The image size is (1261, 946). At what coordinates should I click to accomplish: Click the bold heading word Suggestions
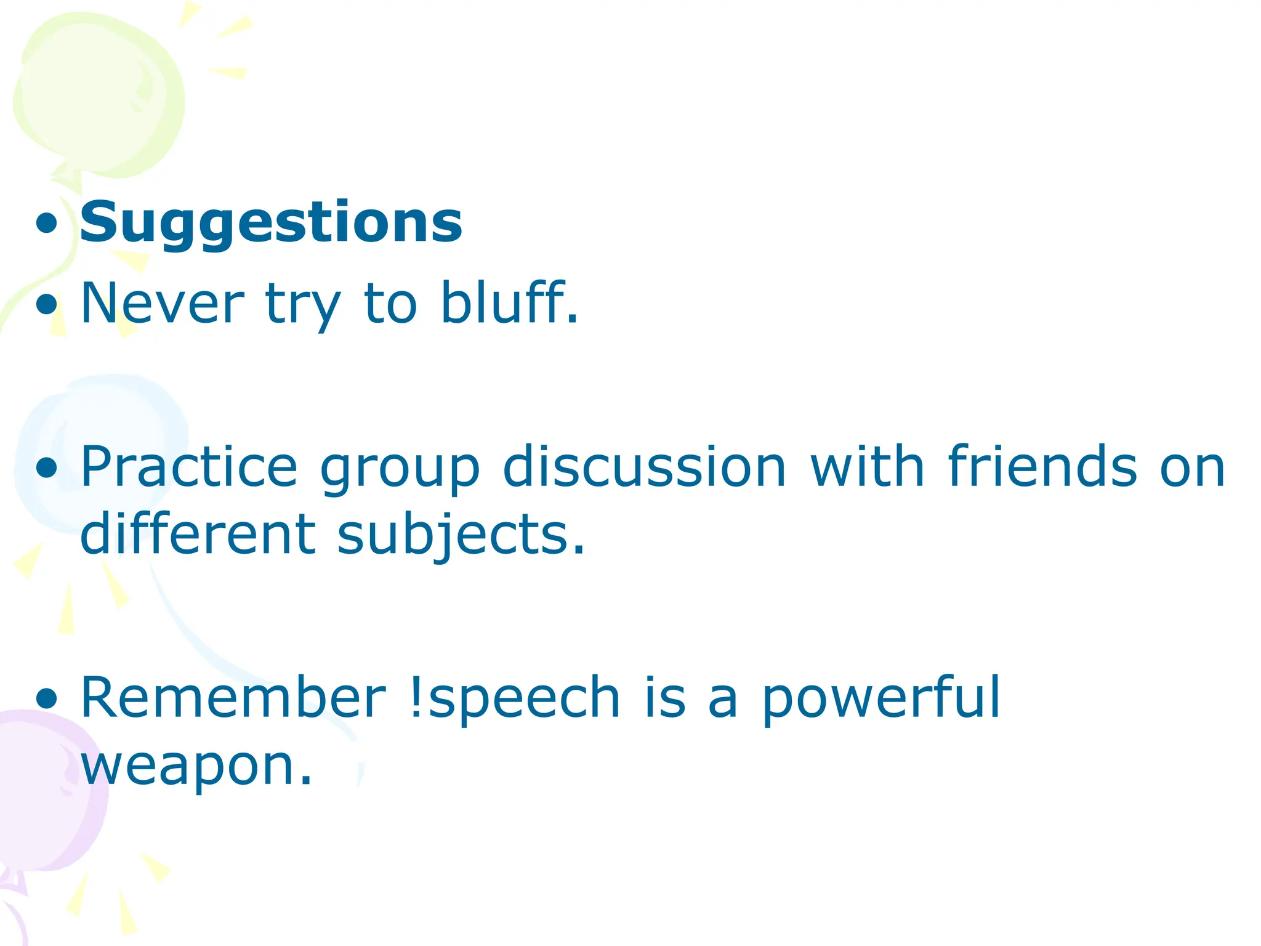tap(271, 223)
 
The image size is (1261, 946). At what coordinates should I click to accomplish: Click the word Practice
tap(188, 467)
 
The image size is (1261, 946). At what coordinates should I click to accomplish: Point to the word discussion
tap(644, 467)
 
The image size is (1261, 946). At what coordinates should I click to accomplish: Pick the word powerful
tap(880, 698)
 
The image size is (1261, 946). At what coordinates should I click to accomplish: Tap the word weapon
tap(196, 766)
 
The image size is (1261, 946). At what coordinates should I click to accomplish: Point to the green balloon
tap(99, 92)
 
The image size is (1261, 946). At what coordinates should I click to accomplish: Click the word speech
tap(523, 698)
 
